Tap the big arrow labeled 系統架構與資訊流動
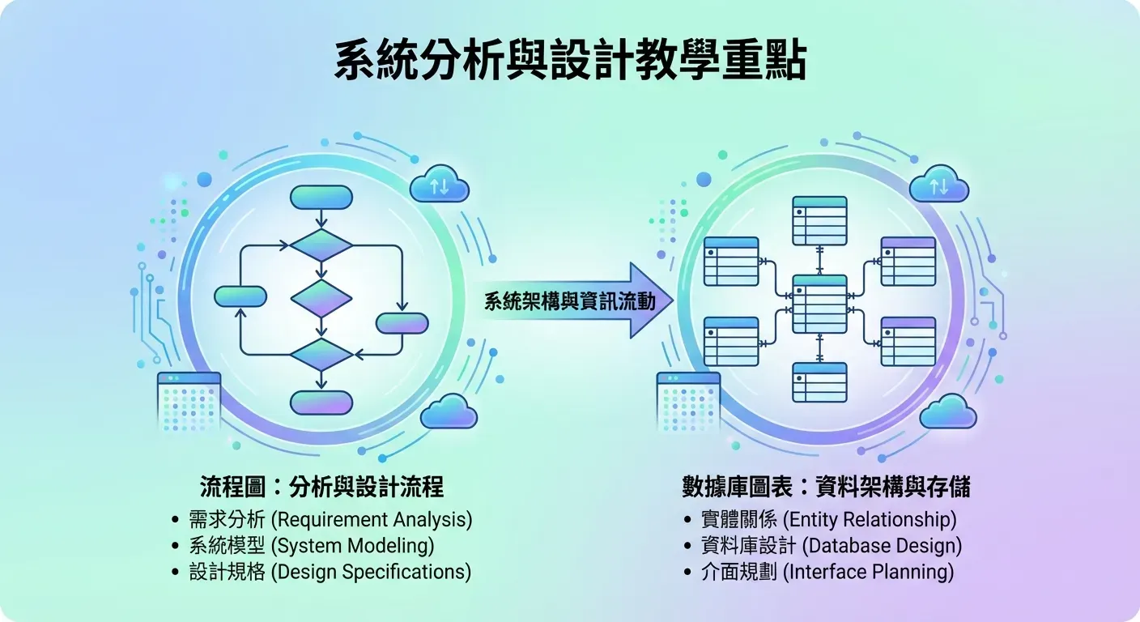click(x=580, y=301)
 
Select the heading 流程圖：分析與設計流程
click(x=321, y=487)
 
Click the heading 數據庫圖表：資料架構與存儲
click(x=826, y=487)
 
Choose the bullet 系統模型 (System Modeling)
click(x=312, y=545)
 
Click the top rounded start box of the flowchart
click(x=321, y=198)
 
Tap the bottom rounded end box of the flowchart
click(x=321, y=403)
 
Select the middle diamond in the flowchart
click(x=321, y=299)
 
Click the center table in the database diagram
click(x=819, y=304)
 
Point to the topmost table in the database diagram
click(x=819, y=220)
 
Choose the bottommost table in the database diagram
click(x=819, y=382)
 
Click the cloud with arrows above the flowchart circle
click(x=440, y=186)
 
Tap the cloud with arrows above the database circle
click(x=939, y=186)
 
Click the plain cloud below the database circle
click(x=948, y=412)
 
